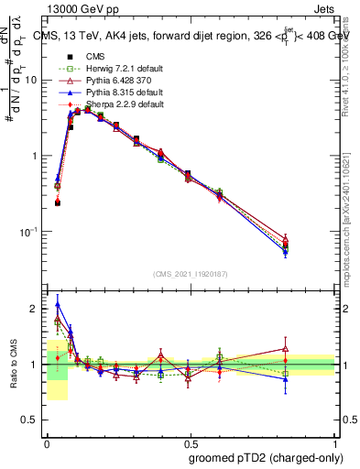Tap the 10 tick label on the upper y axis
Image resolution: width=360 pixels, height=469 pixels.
coord(31,81)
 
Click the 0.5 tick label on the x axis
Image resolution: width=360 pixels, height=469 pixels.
coord(191,441)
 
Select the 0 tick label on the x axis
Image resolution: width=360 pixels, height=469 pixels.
coord(48,441)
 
